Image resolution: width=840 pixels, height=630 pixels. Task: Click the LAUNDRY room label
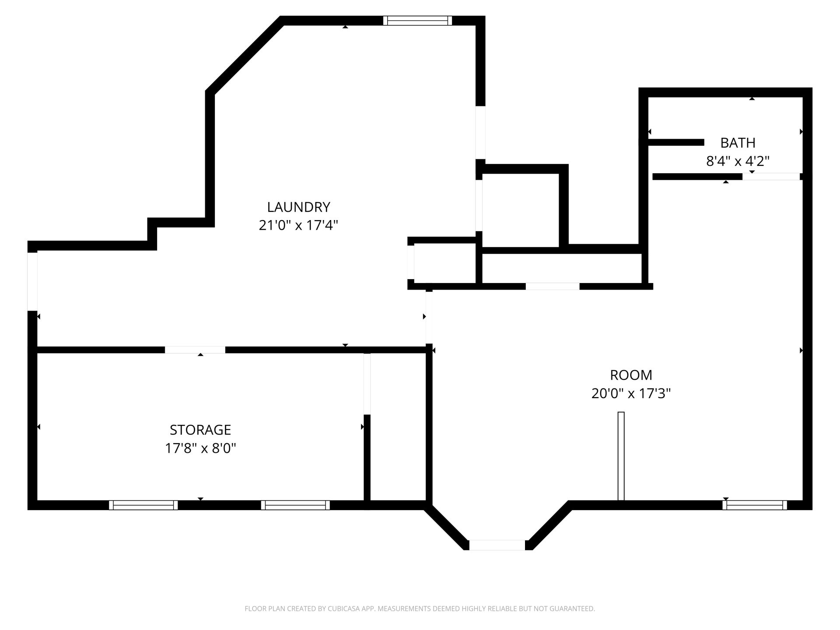[298, 206]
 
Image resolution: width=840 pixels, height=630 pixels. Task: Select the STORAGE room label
[200, 430]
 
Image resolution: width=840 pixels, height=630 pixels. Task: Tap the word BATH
[738, 143]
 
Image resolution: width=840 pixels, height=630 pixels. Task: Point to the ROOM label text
[631, 375]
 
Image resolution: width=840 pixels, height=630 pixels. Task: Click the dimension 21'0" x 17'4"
[298, 225]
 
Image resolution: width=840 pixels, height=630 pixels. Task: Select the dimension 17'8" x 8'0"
[200, 448]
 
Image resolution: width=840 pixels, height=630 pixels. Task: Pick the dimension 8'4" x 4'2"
[738, 161]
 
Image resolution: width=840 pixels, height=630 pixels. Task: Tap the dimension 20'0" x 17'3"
[631, 394]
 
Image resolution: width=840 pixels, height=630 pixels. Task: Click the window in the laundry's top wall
[417, 21]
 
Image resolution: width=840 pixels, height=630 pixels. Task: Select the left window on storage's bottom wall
[143, 505]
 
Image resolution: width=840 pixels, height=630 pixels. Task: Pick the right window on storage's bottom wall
[296, 505]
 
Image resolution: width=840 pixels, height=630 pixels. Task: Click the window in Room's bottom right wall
[755, 505]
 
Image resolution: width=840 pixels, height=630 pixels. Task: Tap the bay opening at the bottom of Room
[497, 545]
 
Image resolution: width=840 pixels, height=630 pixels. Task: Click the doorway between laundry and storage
[195, 350]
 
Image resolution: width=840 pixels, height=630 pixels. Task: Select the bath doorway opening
[771, 177]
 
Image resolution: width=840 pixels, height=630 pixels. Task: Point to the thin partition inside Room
[621, 456]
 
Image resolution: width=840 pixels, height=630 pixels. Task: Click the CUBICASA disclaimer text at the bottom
[420, 609]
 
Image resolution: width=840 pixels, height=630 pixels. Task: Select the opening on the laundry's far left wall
[32, 282]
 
